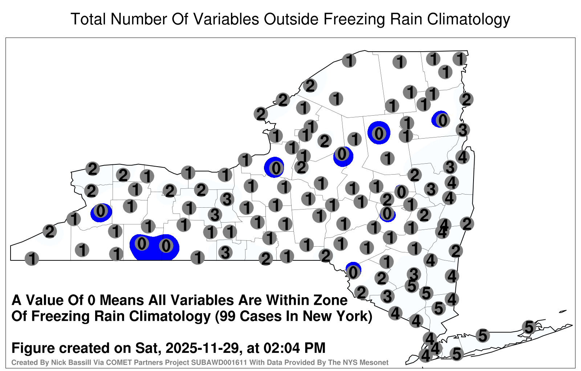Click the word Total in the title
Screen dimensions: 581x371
[88, 19]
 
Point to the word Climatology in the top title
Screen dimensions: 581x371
[468, 20]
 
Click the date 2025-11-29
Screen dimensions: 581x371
[202, 348]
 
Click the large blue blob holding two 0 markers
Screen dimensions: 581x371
[155, 247]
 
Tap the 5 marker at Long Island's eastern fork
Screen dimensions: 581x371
[529, 327]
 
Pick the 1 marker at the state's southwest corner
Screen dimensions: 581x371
[32, 259]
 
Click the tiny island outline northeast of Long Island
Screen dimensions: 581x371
[563, 311]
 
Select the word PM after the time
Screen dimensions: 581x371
[314, 348]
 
